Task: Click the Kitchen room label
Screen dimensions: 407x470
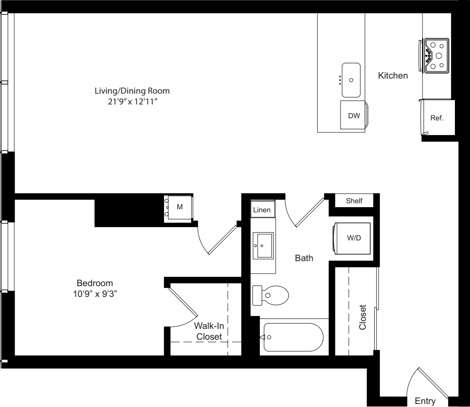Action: click(x=393, y=76)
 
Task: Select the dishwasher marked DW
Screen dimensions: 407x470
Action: click(x=354, y=116)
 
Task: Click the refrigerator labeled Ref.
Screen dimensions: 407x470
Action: click(x=437, y=118)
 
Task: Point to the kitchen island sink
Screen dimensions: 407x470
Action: click(x=351, y=80)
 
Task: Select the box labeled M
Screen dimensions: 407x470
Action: click(x=180, y=208)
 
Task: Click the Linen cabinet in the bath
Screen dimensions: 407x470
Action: click(x=262, y=210)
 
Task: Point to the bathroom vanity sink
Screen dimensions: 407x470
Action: click(x=262, y=246)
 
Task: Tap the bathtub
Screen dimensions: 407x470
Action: click(x=293, y=338)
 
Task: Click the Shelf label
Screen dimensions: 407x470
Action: click(x=354, y=201)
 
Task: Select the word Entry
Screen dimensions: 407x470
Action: click(x=425, y=401)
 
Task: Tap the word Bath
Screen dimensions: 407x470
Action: click(x=304, y=259)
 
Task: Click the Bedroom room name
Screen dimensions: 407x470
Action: click(x=95, y=284)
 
